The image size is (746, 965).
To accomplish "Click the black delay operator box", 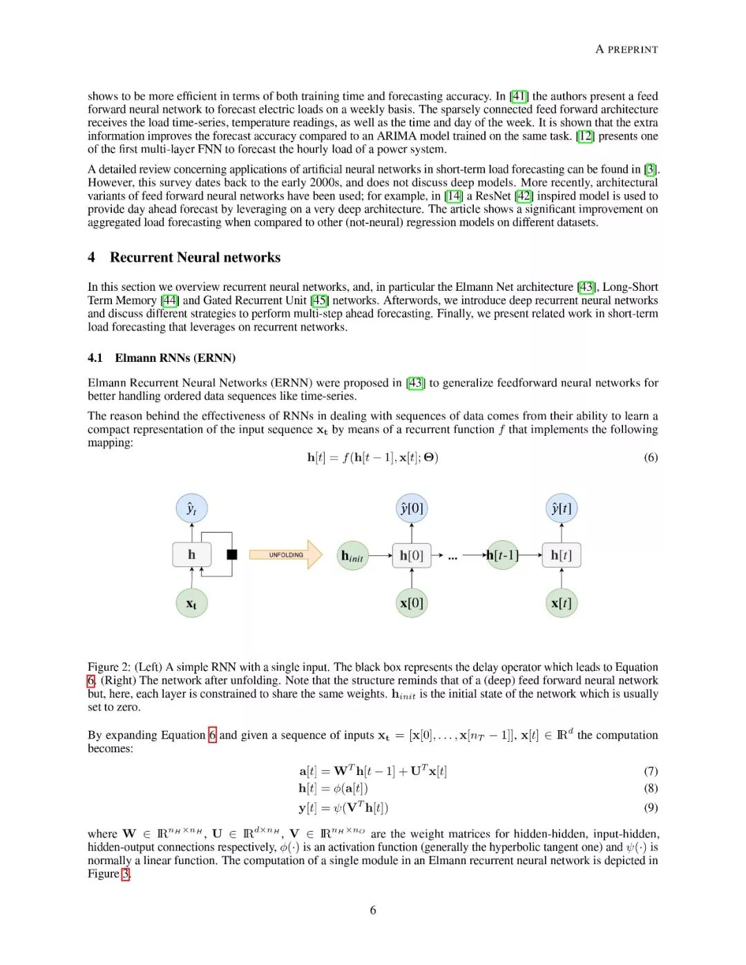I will (x=232, y=554).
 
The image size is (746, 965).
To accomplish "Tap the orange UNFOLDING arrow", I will (x=286, y=555).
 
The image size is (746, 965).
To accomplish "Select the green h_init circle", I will (x=352, y=555).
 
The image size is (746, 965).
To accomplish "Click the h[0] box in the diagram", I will (x=412, y=555).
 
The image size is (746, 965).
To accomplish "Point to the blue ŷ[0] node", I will (x=412, y=508).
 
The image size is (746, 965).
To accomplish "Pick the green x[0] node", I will (x=412, y=603).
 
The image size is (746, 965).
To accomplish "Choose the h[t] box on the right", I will (x=561, y=555).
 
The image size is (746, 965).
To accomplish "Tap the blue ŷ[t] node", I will (x=561, y=508).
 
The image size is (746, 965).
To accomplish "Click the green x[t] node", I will (x=561, y=603).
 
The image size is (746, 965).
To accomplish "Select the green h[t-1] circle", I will (x=502, y=555).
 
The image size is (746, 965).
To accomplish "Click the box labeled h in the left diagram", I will (x=191, y=555).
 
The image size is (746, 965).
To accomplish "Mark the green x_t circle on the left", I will (x=191, y=604).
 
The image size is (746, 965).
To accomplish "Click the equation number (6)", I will (x=651, y=457).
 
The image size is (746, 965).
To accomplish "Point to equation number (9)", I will (x=651, y=808).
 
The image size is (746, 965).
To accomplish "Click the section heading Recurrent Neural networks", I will (x=195, y=258).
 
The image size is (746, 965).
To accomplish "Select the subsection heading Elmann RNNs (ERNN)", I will (x=175, y=358).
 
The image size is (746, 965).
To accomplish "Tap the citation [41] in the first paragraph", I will (x=519, y=96).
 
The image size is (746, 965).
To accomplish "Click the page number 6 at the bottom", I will (x=373, y=910).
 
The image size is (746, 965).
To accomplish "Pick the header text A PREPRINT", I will (x=627, y=50).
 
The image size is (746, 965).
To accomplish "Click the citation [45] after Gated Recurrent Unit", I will (x=319, y=300).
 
